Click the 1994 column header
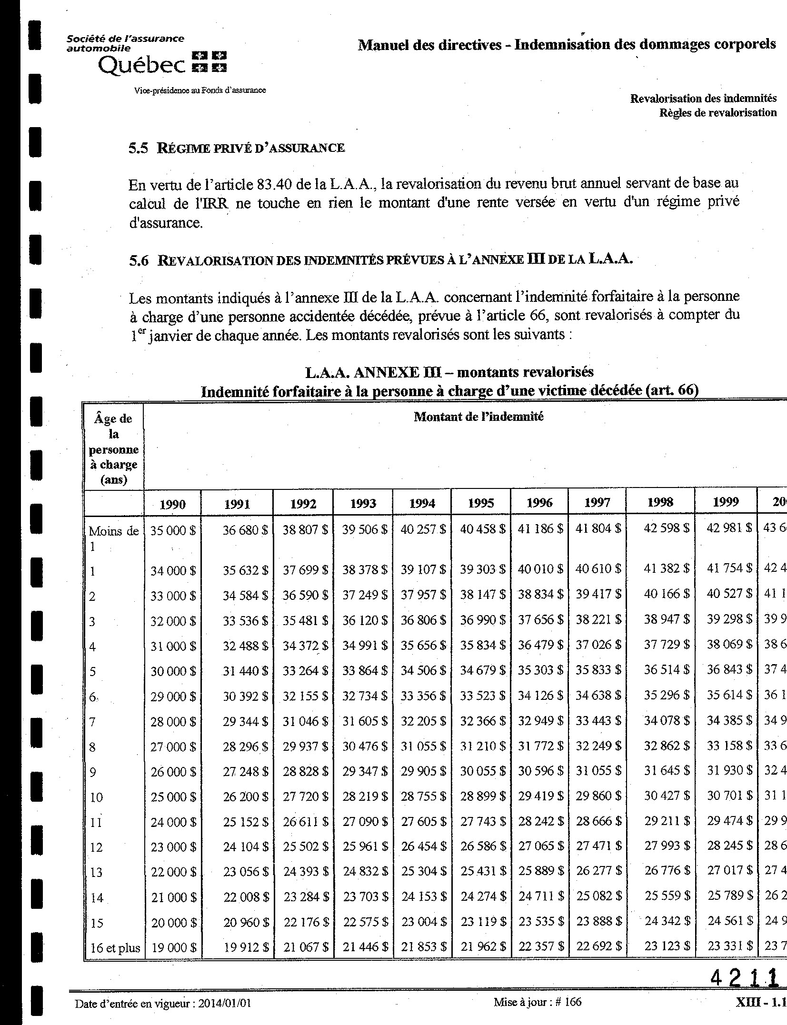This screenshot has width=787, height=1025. tap(422, 503)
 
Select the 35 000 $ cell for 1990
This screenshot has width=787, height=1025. tap(173, 530)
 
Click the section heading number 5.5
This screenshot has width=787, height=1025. tap(139, 148)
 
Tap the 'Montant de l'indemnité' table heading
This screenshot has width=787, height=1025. tap(478, 417)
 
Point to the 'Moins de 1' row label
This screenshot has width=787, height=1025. tap(113, 538)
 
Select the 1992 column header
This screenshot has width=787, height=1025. tap(303, 504)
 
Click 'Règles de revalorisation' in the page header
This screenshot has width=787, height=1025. tap(718, 112)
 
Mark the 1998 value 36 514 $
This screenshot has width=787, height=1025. tap(667, 669)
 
